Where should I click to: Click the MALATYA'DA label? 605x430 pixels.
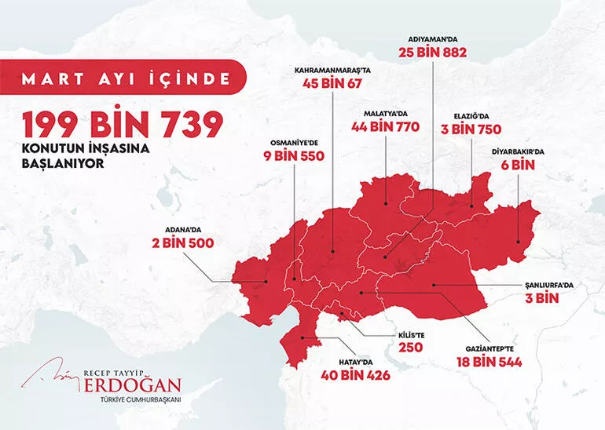tap(386, 113)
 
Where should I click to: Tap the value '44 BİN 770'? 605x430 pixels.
tap(386, 126)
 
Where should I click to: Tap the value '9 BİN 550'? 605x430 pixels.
tap(294, 156)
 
